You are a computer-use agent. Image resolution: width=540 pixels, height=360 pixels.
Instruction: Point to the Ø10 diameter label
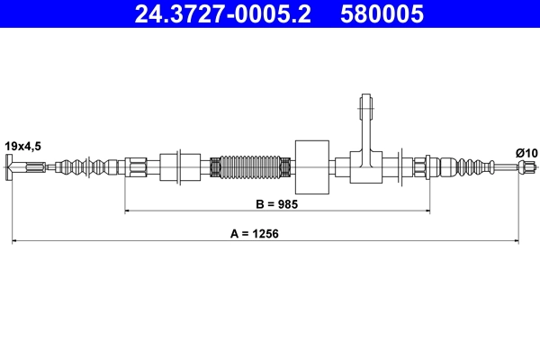526,153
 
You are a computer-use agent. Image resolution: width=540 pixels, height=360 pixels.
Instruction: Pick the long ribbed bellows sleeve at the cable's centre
249,166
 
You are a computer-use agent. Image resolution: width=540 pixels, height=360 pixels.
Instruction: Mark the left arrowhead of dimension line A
15,241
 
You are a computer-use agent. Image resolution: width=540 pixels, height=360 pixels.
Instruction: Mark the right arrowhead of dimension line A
516,241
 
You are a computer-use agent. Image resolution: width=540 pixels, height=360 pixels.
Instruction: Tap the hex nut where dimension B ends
419,166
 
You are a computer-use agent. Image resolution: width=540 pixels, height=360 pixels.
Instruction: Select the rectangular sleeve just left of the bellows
179,166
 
